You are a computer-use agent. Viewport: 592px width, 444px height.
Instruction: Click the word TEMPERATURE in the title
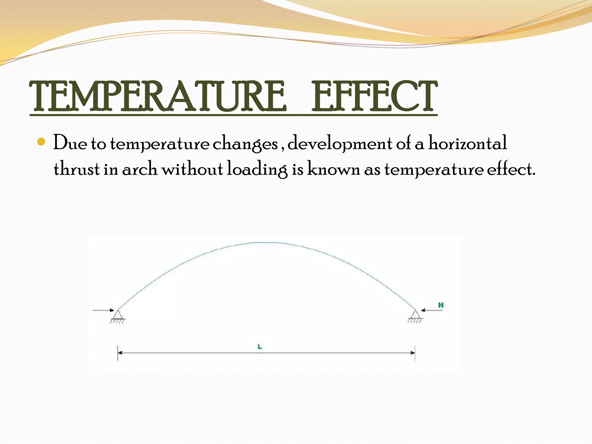[158, 97]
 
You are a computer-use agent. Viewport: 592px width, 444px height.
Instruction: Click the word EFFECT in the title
[374, 97]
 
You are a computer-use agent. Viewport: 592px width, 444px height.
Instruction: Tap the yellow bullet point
[42, 142]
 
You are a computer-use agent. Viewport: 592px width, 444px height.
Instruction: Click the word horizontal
[467, 143]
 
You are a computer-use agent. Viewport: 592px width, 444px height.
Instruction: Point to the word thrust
[76, 169]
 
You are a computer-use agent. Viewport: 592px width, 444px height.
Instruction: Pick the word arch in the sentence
[139, 169]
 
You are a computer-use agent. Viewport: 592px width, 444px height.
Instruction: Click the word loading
[257, 169]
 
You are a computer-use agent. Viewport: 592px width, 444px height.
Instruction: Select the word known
[333, 169]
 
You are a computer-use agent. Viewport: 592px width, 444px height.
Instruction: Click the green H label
[441, 305]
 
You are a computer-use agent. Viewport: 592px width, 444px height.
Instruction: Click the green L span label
[260, 347]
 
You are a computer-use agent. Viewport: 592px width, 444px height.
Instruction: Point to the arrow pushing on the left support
[103, 310]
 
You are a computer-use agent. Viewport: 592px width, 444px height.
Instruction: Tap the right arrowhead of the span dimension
[412, 353]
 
